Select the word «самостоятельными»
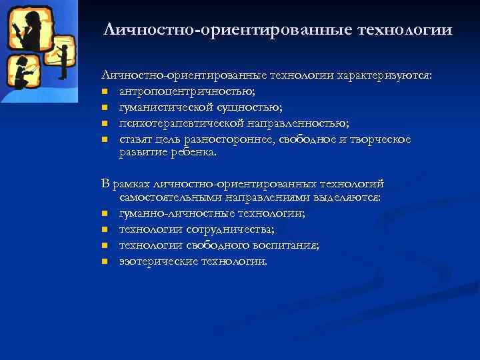coord(166,197)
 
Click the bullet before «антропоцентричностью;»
coord(105,93)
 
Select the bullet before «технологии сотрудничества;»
coord(105,229)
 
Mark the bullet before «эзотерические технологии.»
coord(105,261)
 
